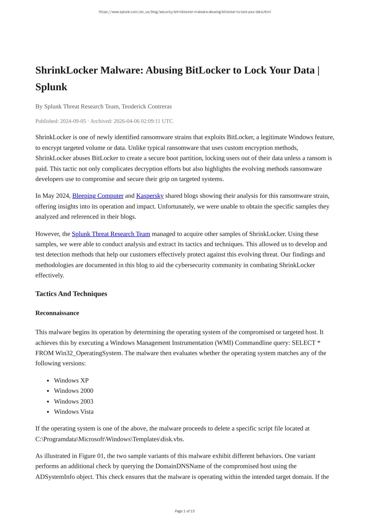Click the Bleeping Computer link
98,196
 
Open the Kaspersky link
150,196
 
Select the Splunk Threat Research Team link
111,234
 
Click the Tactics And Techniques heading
71,294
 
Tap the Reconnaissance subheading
57,313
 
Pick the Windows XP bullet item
71,381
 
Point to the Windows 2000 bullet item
74,391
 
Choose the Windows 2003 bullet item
74,401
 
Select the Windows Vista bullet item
74,412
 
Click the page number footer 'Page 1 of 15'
185,511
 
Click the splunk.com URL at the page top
185,12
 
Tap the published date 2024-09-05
73,121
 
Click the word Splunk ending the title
51,87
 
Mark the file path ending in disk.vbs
110,439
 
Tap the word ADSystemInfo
55,477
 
